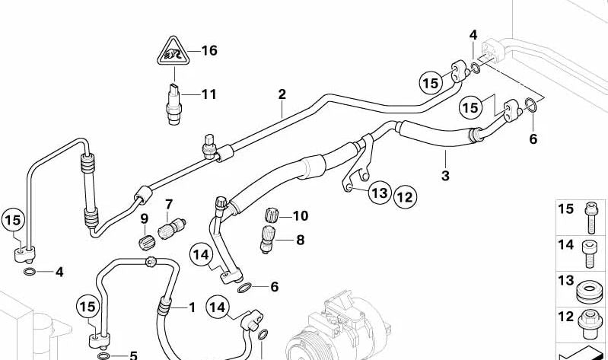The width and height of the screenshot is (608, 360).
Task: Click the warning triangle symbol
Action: [173, 52]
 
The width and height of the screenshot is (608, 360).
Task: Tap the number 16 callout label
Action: [209, 50]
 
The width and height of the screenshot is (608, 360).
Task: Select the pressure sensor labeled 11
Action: [173, 104]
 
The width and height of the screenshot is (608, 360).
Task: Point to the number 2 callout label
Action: [282, 94]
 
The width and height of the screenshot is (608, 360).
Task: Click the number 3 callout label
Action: [445, 175]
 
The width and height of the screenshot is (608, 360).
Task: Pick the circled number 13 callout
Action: [380, 193]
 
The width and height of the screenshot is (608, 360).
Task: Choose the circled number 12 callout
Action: [405, 197]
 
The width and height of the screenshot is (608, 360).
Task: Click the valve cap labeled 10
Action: [272, 215]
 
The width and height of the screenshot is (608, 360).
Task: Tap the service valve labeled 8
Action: [268, 239]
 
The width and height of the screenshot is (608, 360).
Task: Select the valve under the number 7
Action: [172, 229]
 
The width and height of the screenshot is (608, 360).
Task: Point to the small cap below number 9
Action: [147, 243]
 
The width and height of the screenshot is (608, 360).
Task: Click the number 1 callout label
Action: [192, 307]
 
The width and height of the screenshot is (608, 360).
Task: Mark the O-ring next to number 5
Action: [103, 355]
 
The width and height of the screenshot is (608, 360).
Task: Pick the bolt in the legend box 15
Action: [590, 218]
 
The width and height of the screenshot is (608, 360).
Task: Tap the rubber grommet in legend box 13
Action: [590, 292]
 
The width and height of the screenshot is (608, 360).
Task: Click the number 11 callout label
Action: [209, 94]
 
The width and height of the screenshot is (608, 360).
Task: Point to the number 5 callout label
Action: [133, 355]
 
